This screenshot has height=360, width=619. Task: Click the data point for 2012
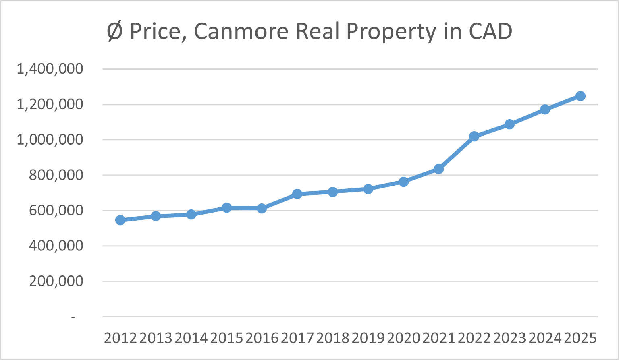[x=120, y=220]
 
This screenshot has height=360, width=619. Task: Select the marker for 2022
[x=474, y=137]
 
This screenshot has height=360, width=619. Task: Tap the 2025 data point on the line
[x=580, y=96]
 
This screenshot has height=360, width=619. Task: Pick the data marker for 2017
[x=297, y=194]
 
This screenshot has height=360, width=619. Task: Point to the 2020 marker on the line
[x=403, y=182]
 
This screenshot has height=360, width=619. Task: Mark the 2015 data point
[x=226, y=208]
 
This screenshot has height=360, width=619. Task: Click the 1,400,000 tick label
[x=50, y=69]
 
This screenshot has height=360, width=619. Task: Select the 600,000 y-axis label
[x=56, y=211]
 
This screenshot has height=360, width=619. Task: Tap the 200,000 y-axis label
[x=56, y=281]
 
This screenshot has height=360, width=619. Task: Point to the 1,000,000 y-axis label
[x=50, y=140]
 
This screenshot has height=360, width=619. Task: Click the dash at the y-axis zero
[x=73, y=317]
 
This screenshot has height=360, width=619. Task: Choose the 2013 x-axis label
[x=156, y=338]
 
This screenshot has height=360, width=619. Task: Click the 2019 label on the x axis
[x=368, y=338]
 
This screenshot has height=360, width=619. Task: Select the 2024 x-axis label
[x=545, y=338]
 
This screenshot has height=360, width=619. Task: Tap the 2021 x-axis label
[x=439, y=338]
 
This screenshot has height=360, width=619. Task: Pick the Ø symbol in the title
[x=114, y=31]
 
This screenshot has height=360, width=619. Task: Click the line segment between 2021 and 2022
[x=456, y=153]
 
